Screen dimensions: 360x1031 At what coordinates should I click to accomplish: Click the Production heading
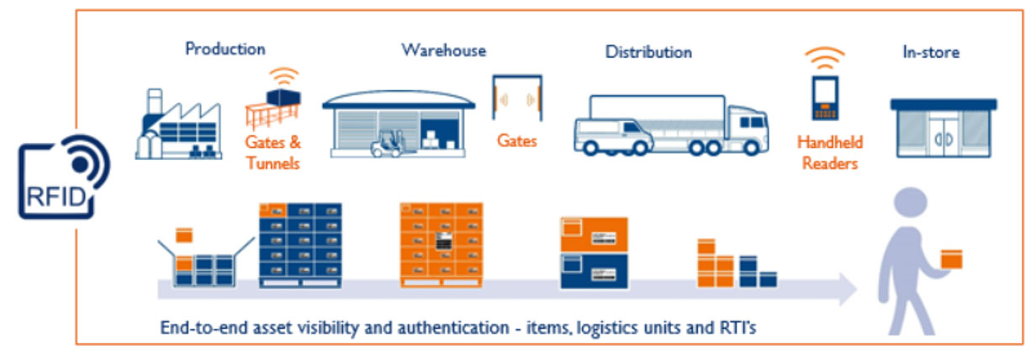(225, 49)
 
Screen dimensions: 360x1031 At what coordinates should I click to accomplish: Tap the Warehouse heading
(443, 50)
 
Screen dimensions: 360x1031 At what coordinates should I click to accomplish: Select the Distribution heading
(648, 52)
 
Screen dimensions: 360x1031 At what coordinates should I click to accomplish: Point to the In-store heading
(931, 52)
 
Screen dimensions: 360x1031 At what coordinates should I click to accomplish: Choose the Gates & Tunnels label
(273, 152)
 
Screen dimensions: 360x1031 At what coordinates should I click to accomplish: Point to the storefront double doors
(944, 136)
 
